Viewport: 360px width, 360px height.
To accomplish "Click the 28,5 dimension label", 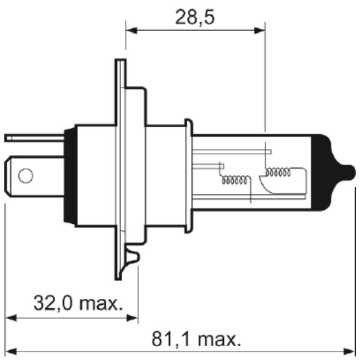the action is click(x=194, y=17).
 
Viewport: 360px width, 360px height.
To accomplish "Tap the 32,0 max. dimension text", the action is click(x=78, y=303).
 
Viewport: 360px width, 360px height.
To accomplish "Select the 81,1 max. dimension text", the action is click(x=197, y=339).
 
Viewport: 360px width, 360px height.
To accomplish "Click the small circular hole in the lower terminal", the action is click(x=26, y=176).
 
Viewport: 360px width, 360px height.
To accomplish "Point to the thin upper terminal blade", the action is click(x=34, y=138).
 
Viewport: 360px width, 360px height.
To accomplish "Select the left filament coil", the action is click(x=235, y=180).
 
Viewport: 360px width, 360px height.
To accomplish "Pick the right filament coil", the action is click(x=278, y=172).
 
